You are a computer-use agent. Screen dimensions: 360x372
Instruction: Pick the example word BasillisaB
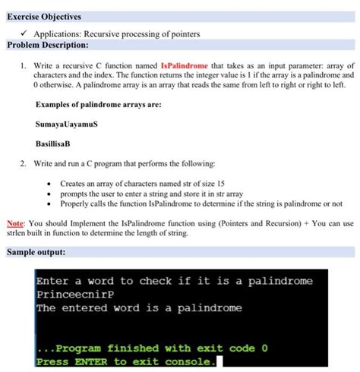[x=57, y=143]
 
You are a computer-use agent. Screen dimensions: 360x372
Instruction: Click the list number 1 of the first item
[x=24, y=67]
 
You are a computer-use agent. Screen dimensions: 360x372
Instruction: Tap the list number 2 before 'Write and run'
[x=24, y=163]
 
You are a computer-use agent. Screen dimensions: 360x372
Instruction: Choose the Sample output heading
[x=39, y=251]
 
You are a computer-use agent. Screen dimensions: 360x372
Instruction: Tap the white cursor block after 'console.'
[x=220, y=361]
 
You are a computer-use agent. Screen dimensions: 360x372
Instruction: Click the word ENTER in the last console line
[x=90, y=361]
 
